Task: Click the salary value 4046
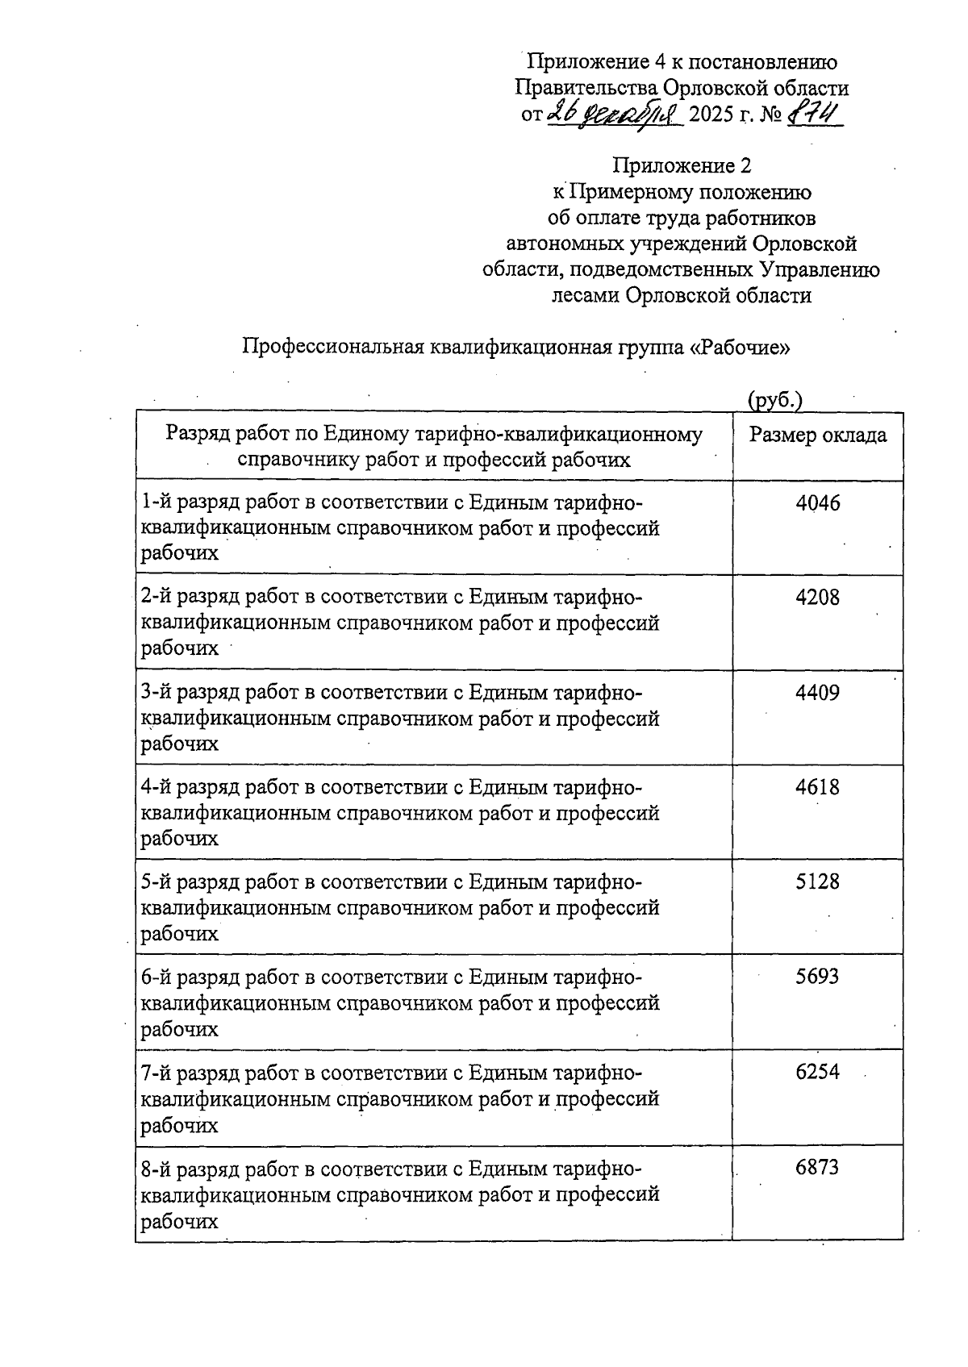tap(817, 503)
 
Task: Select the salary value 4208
tap(817, 598)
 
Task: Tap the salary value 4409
tap(817, 693)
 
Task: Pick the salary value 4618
tap(817, 787)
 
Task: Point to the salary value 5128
tap(817, 881)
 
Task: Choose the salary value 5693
tap(817, 977)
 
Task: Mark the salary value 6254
tap(817, 1072)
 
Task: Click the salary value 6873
tap(817, 1167)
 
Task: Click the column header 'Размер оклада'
tap(817, 436)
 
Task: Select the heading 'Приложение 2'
tap(682, 166)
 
